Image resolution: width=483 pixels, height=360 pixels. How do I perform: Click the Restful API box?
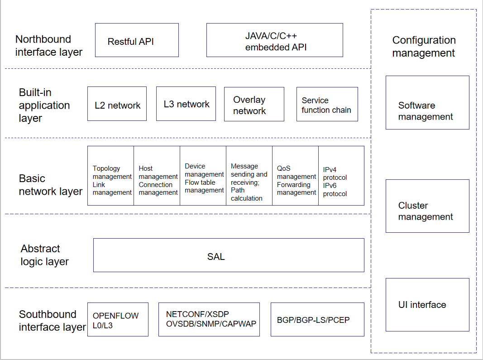(137, 40)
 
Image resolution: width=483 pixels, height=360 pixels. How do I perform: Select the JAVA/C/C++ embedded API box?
(274, 40)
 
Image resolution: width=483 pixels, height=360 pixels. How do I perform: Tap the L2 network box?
(117, 104)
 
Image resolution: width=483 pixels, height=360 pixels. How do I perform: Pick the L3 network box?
(186, 104)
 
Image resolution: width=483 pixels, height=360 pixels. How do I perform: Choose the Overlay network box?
(254, 104)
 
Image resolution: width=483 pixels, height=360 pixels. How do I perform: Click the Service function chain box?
(327, 104)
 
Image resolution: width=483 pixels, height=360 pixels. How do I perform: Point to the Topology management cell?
(110, 176)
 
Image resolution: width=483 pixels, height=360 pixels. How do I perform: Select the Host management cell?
(157, 176)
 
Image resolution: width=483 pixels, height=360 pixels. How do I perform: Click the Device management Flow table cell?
(203, 176)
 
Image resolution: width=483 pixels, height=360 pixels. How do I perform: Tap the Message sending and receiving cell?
(249, 176)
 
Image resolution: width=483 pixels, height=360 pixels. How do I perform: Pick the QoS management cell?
(296, 176)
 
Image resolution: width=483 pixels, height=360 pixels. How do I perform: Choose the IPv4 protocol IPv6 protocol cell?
(341, 176)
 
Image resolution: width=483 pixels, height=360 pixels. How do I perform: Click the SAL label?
(216, 256)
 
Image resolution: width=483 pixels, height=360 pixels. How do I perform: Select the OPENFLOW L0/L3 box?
(118, 319)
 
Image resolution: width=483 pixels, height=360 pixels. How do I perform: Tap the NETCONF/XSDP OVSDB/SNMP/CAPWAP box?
(209, 319)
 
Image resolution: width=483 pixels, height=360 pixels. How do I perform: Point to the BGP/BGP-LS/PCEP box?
(318, 319)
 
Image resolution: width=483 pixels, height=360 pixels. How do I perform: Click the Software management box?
(428, 103)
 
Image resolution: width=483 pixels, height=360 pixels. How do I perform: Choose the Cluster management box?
(428, 206)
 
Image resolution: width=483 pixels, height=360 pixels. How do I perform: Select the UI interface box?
(428, 305)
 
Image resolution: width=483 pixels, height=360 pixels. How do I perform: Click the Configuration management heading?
(424, 47)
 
